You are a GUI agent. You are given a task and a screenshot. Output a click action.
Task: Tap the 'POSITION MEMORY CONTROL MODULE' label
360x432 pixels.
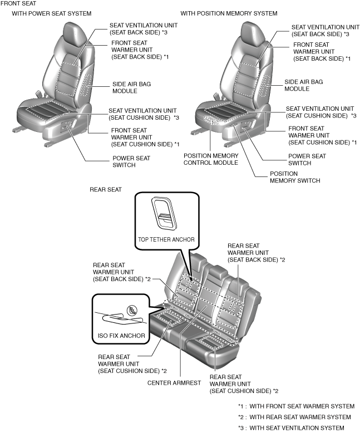coord(211,159)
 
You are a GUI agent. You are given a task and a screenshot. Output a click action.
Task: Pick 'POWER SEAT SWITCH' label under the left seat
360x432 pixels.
coord(131,161)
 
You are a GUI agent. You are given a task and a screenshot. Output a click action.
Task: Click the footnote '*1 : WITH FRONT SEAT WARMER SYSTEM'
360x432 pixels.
coord(295,406)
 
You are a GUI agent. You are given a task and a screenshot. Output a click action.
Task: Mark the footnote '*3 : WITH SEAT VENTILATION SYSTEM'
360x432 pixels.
coord(291,428)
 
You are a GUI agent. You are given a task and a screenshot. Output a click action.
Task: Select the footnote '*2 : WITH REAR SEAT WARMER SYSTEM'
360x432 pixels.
coord(294,417)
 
